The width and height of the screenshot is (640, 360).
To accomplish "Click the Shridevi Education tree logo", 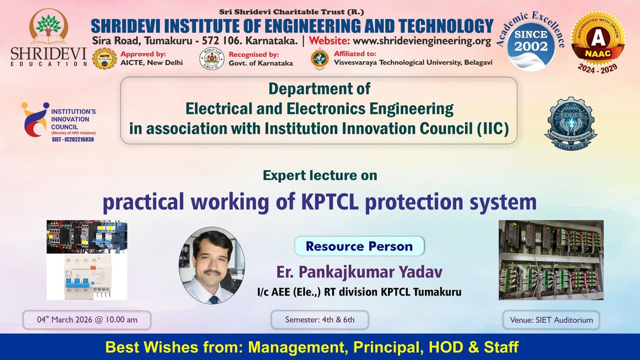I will [x=48, y=27].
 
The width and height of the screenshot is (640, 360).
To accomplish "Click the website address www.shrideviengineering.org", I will [x=422, y=40].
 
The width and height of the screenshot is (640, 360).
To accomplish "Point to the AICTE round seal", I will [x=104, y=58].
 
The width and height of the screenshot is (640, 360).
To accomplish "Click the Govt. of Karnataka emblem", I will [x=211, y=58].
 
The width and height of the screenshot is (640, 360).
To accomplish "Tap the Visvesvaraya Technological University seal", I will [x=319, y=58].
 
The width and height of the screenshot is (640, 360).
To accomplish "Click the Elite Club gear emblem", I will [x=571, y=122].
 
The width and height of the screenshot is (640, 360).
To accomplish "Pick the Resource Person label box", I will [x=359, y=246].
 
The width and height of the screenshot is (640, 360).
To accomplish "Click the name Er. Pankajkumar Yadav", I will [x=359, y=272].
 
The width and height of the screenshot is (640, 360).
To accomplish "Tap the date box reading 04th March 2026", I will [x=87, y=319].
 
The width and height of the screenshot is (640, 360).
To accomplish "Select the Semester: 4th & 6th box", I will [x=319, y=319].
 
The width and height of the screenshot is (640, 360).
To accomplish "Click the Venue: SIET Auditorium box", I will [x=551, y=319].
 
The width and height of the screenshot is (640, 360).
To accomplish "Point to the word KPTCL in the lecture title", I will [x=331, y=202].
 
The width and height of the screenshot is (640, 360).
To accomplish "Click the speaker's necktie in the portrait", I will [x=214, y=299].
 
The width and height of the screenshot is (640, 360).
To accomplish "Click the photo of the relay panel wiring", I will [x=551, y=260].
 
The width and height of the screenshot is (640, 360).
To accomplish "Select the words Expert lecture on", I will [x=319, y=175].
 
